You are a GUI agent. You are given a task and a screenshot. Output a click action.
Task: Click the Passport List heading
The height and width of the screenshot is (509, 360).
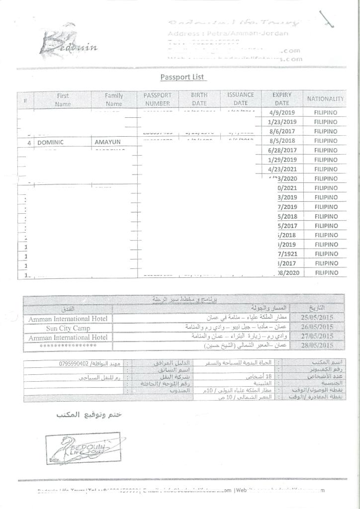pyautogui.click(x=183, y=77)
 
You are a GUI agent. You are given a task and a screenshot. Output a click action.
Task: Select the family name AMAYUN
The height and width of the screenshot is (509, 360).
pyautogui.click(x=107, y=142)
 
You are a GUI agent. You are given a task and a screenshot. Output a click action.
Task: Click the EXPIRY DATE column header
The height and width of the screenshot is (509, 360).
pyautogui.click(x=282, y=98)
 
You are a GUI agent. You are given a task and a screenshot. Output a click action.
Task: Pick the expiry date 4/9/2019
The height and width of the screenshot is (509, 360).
pyautogui.click(x=282, y=112)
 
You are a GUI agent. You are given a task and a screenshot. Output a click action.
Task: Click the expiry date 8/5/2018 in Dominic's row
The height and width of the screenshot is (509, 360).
pyautogui.click(x=282, y=141)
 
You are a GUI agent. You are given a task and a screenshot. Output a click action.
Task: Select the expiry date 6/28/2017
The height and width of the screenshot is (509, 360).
pyautogui.click(x=282, y=150)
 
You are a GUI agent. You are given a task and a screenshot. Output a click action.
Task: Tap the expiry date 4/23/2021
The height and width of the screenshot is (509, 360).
pyautogui.click(x=282, y=169)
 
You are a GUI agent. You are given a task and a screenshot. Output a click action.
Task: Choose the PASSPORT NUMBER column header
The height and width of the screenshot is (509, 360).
pyautogui.click(x=158, y=99)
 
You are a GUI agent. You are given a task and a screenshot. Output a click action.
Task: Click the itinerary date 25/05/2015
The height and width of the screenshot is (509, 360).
pyautogui.click(x=317, y=317)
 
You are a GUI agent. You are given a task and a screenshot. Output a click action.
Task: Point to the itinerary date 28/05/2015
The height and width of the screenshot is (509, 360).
pyautogui.click(x=317, y=345)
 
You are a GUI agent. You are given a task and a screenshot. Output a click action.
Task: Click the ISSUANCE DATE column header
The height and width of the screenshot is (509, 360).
pyautogui.click(x=241, y=98)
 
